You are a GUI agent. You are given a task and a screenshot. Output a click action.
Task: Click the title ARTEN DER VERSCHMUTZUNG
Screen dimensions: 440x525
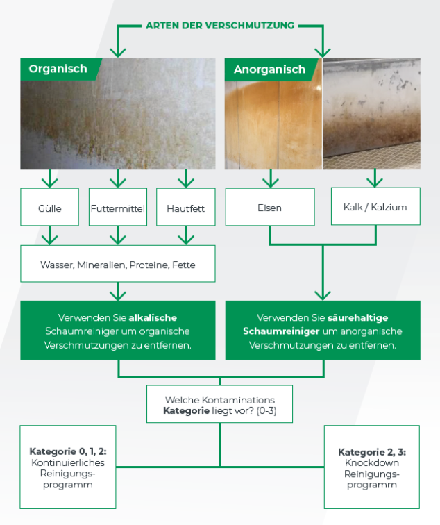click(220, 26)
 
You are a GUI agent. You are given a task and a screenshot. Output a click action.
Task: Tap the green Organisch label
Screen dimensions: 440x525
click(58, 69)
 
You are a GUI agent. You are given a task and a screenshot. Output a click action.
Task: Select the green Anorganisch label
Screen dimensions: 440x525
click(269, 69)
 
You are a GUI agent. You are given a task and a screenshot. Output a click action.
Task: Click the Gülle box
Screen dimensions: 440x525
click(49, 207)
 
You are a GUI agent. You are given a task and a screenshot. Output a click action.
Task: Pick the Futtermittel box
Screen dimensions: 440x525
click(118, 207)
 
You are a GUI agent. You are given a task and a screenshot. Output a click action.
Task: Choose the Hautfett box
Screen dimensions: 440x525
click(185, 207)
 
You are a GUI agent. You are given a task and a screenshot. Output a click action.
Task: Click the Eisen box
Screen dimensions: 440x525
click(269, 207)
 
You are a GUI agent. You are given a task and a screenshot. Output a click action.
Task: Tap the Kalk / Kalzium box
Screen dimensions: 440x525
click(375, 206)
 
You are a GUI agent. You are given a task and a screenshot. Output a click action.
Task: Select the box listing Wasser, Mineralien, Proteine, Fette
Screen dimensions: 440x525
click(117, 265)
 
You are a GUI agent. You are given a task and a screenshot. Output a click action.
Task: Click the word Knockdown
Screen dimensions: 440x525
click(371, 462)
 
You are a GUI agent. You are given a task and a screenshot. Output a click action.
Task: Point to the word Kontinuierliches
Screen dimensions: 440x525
click(67, 462)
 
